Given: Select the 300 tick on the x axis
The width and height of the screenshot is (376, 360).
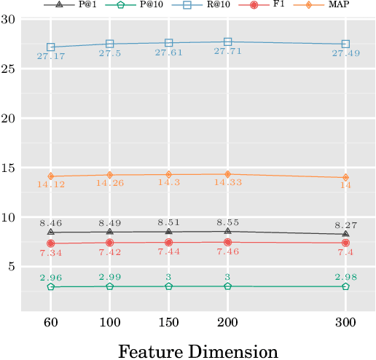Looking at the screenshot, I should coord(345,323).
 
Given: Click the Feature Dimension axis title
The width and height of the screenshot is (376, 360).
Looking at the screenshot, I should coord(197,351).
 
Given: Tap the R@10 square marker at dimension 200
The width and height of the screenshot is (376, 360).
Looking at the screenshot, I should coord(228,42).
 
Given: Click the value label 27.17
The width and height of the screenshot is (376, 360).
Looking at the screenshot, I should coord(51,57).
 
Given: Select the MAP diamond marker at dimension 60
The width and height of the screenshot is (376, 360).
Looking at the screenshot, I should coord(51,176).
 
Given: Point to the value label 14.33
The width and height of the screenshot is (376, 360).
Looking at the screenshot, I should coord(228,184).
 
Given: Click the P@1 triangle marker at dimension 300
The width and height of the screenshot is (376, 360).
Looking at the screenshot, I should coord(345,234).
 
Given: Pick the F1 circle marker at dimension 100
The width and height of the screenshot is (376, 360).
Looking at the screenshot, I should coord(110,243).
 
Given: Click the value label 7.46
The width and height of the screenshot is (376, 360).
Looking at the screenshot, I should coord(228,252).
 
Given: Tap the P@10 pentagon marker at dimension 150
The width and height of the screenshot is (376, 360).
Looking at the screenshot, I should coord(169,286).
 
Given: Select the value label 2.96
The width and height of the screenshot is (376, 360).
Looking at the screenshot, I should coord(51,277).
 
